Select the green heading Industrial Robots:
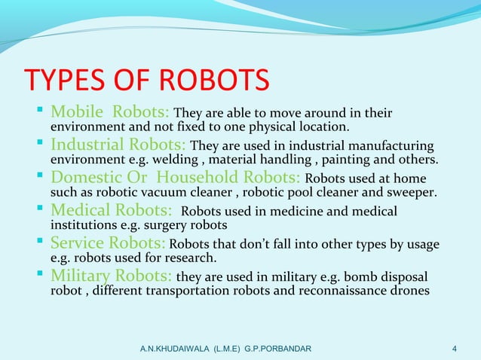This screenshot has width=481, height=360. pos(118,145)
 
